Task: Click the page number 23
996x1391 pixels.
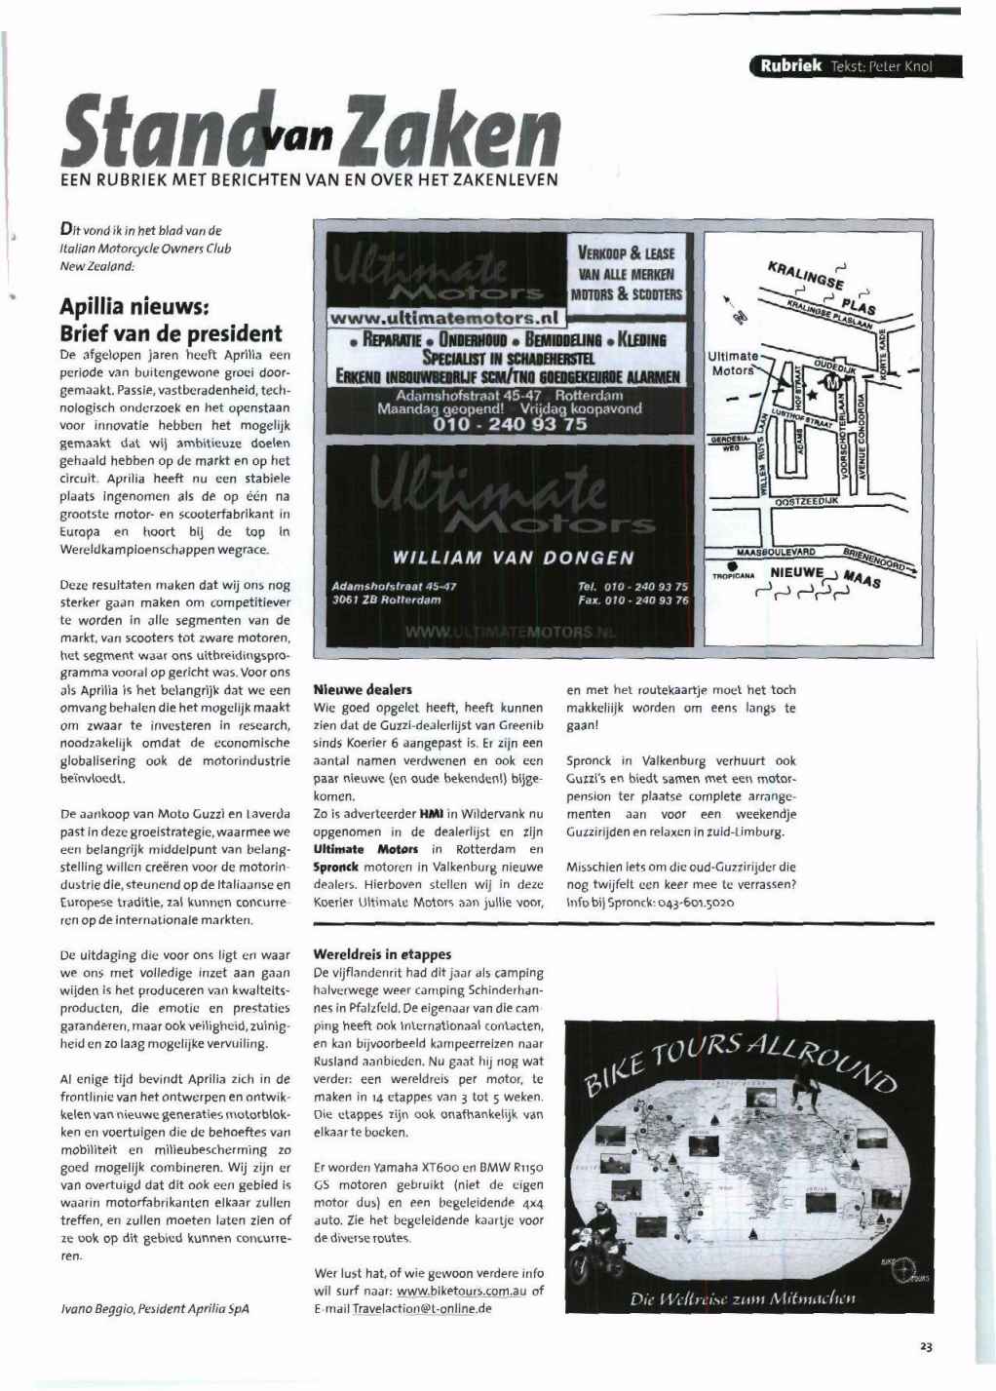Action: click(x=926, y=1347)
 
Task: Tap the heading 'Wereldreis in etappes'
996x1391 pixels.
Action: click(x=382, y=954)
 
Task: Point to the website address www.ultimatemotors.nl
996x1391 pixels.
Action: click(x=447, y=317)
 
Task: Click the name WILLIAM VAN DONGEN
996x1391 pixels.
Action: click(x=513, y=559)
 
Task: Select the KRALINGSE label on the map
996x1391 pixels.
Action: click(x=805, y=275)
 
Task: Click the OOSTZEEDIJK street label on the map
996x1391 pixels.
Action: click(x=806, y=501)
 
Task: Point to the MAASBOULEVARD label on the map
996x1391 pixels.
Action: click(x=776, y=553)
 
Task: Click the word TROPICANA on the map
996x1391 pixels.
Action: click(x=734, y=575)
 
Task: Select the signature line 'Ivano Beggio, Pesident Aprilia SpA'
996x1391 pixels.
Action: click(x=154, y=1308)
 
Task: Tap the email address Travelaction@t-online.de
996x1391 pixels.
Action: click(x=422, y=1308)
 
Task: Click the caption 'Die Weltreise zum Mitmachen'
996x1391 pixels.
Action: click(x=743, y=1298)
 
